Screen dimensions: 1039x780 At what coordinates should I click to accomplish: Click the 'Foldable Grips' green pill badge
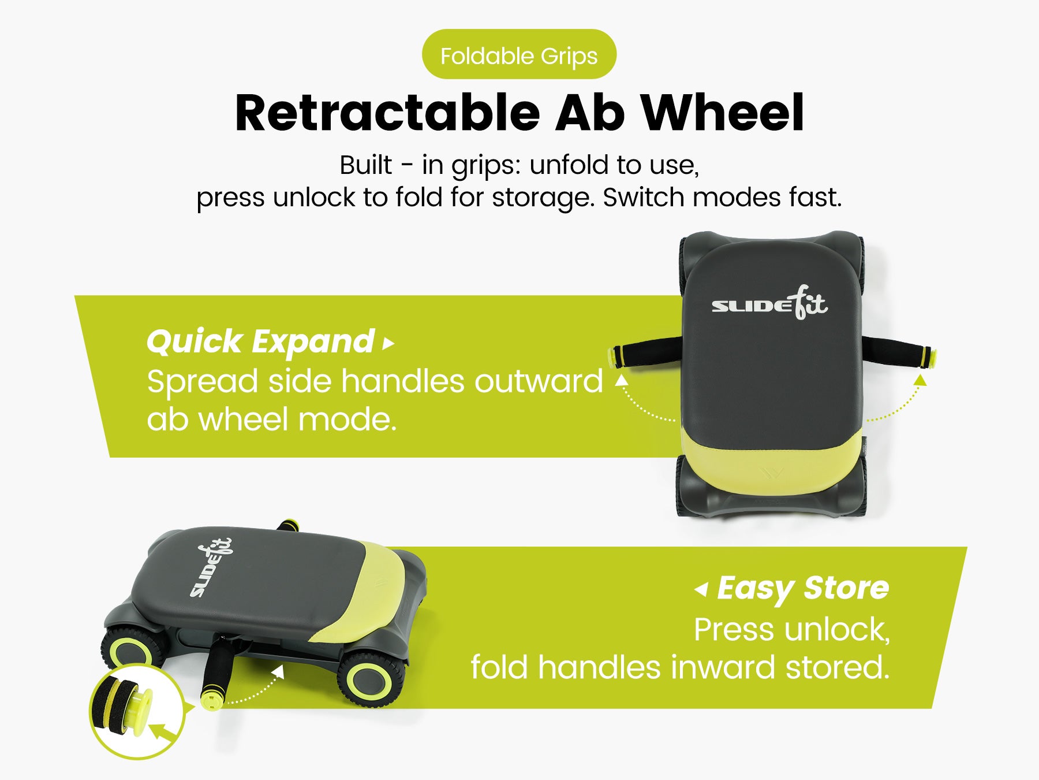coord(519,54)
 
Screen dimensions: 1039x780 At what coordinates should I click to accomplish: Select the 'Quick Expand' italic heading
coord(260,342)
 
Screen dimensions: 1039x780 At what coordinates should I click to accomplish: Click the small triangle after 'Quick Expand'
coord(388,344)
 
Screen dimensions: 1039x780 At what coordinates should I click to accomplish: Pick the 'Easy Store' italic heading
coord(803,589)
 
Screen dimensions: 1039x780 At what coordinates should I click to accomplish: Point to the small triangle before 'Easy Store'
coord(701,589)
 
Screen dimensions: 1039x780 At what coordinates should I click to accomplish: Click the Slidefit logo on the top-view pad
coord(769,303)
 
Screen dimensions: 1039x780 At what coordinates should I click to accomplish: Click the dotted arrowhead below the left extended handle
coord(621,380)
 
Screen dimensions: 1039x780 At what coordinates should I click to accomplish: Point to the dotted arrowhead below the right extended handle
coord(920,380)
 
